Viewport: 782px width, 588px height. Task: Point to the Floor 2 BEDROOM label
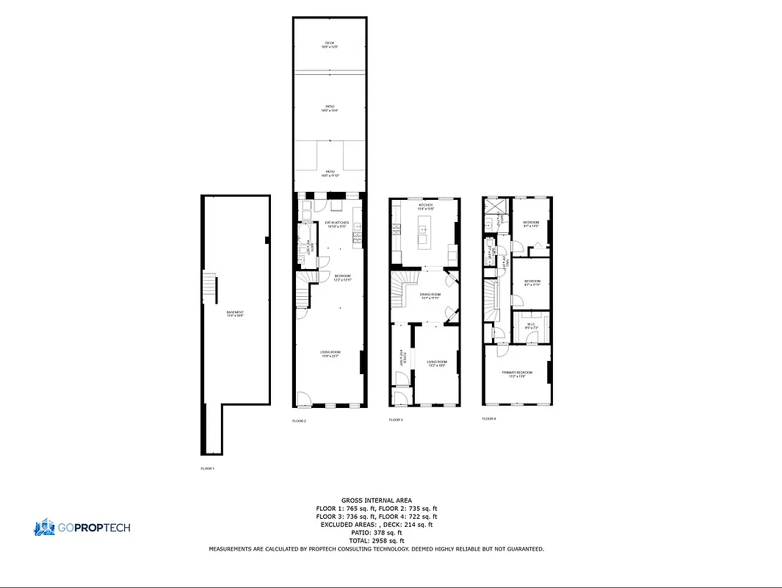pyautogui.click(x=333, y=277)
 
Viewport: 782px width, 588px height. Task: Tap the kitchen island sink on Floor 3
pyautogui.click(x=424, y=231)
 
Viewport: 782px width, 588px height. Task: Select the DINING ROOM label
pyautogui.click(x=430, y=296)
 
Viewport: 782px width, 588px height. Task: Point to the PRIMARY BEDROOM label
pyautogui.click(x=517, y=373)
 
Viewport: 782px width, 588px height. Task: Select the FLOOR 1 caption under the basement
pyautogui.click(x=208, y=468)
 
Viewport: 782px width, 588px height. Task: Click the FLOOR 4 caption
pyautogui.click(x=489, y=419)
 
